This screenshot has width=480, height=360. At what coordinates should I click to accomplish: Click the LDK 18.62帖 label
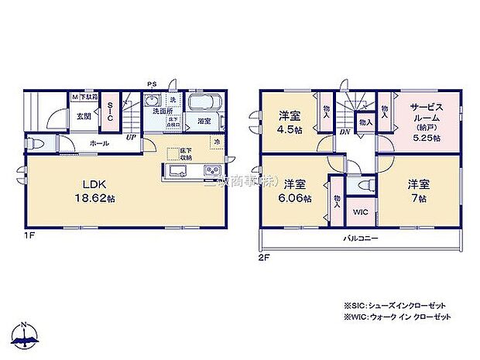83,190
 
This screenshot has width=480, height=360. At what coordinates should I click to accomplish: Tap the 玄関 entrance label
84,118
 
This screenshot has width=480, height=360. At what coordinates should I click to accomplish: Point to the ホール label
98,143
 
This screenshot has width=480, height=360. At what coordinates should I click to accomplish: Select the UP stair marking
132,138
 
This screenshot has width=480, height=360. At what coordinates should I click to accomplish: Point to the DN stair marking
344,133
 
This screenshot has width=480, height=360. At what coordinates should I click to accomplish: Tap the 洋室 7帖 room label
419,190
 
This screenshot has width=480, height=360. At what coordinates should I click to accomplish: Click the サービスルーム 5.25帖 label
426,120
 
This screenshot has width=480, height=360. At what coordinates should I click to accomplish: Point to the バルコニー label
361,239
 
